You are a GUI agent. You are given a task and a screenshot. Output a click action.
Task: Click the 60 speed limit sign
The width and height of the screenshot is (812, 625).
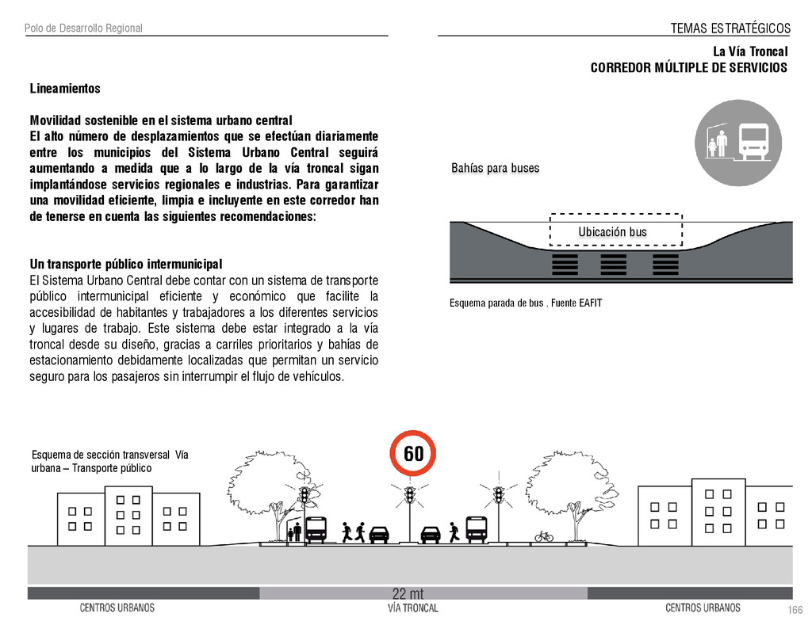pos(413,454)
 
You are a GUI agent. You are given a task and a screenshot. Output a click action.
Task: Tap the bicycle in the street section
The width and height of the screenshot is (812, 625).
pos(544,536)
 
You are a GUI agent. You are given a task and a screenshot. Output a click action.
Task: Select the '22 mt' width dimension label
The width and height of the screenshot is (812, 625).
pos(408,594)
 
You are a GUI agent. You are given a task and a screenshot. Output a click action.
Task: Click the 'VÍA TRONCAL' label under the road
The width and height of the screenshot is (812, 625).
pos(412,608)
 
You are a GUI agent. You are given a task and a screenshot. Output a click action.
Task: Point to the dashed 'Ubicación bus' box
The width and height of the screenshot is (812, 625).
pos(616,231)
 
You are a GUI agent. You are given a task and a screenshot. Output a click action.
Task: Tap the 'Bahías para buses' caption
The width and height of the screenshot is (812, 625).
pos(495,168)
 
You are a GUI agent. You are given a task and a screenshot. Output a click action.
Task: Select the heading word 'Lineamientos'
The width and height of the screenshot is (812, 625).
pos(65,89)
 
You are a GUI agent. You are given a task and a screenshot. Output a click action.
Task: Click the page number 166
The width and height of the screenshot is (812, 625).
pos(795,609)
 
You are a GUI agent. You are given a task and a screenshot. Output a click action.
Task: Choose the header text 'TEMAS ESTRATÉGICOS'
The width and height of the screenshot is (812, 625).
pos(730,29)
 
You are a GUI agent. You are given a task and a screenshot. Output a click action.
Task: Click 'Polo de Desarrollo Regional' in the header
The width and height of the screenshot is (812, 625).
pos(83,29)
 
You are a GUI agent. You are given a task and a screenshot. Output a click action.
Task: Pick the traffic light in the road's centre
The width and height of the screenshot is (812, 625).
pos(409,497)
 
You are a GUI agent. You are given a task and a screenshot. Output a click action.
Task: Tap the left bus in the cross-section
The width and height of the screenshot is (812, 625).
pos(316,529)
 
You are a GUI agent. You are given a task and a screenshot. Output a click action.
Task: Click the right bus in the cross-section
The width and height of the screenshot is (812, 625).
pos(476,528)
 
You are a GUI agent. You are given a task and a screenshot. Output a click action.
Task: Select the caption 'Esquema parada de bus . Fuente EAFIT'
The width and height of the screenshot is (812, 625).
pos(526,303)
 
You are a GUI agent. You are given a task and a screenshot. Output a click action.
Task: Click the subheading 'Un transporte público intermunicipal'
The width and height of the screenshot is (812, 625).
pos(126,264)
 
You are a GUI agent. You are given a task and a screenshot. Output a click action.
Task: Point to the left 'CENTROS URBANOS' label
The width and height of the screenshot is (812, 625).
pos(117,608)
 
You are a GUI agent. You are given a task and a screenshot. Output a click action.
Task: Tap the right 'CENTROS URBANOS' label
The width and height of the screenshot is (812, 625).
pos(703,608)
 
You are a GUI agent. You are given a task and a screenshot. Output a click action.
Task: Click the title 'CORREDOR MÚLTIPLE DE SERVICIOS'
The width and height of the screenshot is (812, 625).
pos(688,67)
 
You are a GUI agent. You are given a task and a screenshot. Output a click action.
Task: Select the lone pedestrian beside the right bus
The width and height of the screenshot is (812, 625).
pos(454,532)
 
